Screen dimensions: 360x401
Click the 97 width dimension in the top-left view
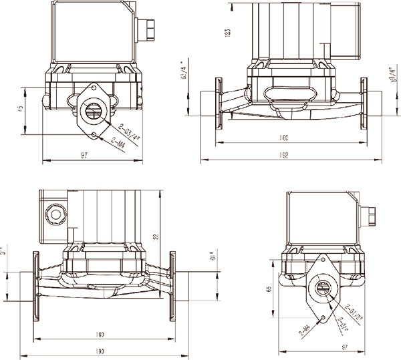tap(85, 156)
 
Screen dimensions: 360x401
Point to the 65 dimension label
tap(268, 289)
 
